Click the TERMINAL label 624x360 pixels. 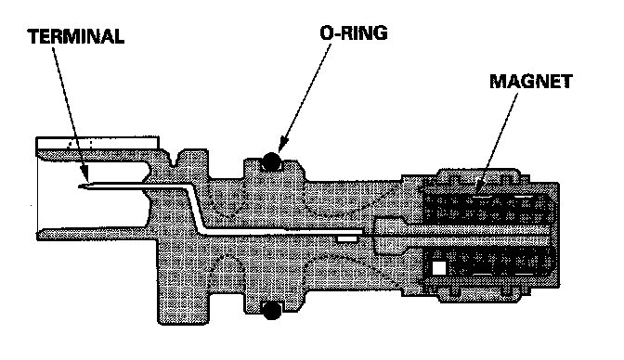coord(76,36)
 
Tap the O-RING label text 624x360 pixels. coord(354,33)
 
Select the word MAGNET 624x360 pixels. coord(531,82)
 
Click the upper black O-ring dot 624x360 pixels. coord(271,161)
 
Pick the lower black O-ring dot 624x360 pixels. coord(272,310)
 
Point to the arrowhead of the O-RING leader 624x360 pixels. coord(282,144)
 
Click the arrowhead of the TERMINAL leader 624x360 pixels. coord(84,174)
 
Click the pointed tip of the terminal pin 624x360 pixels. coord(80,186)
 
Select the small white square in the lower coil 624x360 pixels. coord(439,268)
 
